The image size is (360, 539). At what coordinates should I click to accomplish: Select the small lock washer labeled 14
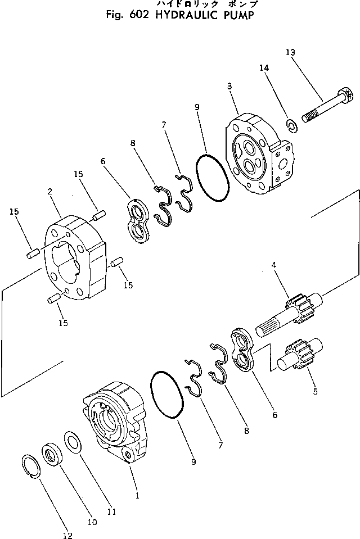point(292,125)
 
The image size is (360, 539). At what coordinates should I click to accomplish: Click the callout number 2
point(50,192)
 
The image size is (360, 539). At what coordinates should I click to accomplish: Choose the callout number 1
point(137,496)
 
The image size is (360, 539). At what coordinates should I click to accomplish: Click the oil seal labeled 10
point(55,454)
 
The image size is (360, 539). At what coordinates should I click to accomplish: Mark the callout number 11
point(111,511)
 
